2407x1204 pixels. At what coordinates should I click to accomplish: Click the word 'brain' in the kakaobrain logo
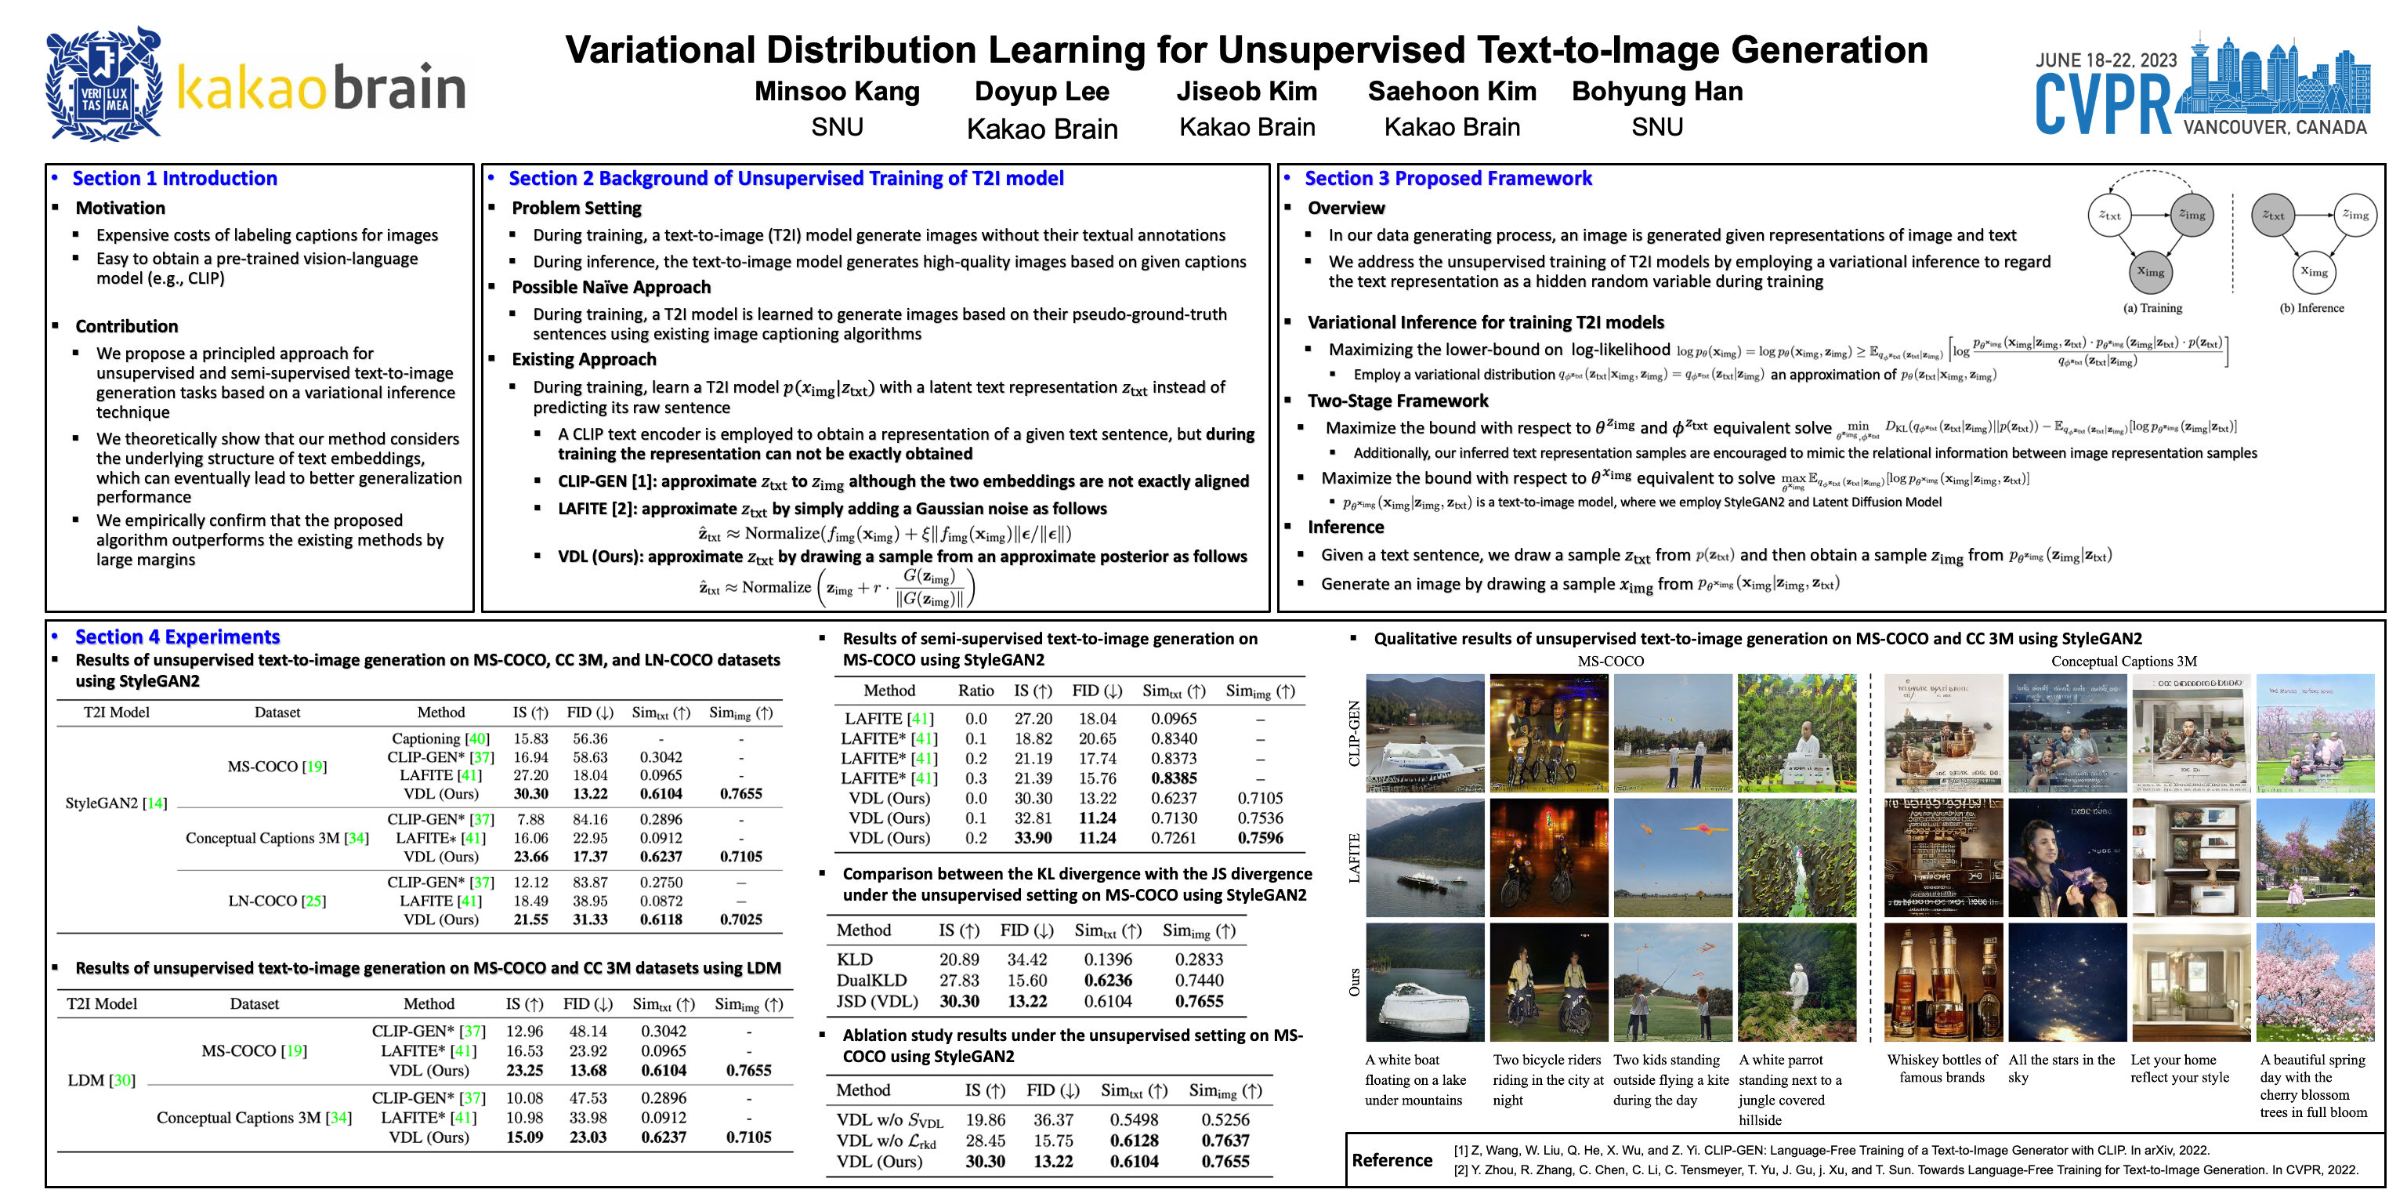click(399, 89)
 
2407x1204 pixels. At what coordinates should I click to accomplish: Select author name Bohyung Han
click(1656, 92)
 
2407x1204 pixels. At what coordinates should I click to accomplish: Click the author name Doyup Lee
click(1042, 92)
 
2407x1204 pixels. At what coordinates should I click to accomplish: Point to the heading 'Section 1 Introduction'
click(175, 179)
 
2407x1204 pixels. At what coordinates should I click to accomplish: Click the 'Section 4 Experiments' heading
click(178, 636)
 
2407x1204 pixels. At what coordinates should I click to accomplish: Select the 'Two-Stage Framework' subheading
click(1397, 401)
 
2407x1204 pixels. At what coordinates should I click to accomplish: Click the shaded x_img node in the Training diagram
click(2150, 272)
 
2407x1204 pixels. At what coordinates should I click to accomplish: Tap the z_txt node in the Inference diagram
click(2272, 215)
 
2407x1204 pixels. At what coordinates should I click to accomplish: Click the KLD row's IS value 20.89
click(959, 959)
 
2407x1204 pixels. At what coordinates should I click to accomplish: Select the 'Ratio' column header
click(975, 691)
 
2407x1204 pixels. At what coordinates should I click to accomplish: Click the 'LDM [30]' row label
click(102, 1081)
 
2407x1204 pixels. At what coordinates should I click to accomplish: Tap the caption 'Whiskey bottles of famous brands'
click(1942, 1068)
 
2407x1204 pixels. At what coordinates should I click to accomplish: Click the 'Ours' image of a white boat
click(1424, 982)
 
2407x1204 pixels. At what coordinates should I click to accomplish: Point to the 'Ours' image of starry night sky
click(2067, 982)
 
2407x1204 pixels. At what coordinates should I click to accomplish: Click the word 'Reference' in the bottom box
click(1392, 1160)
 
